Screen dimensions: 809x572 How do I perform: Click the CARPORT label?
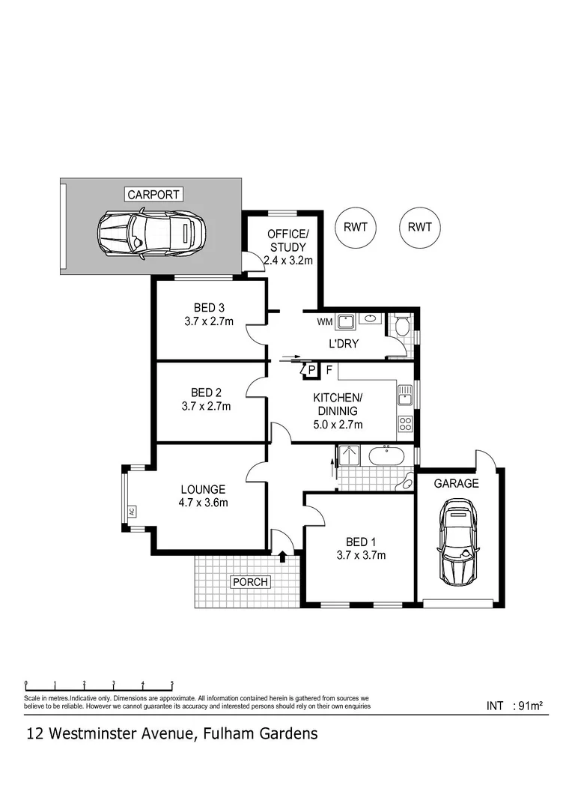(x=153, y=195)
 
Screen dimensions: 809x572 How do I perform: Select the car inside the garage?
(x=457, y=544)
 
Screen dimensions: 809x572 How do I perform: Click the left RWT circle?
(x=356, y=227)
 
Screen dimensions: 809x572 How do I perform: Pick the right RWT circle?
(x=420, y=227)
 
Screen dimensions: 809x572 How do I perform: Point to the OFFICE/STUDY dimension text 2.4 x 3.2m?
(x=288, y=261)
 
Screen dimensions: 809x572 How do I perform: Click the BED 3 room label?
(x=209, y=307)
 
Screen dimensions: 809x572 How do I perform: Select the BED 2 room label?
(x=206, y=392)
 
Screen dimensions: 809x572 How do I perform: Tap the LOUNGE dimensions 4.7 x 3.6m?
(x=204, y=503)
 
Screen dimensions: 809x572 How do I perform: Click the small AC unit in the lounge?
(x=131, y=511)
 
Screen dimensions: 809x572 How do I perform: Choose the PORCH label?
(x=250, y=581)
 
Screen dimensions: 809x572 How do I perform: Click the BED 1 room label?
(x=357, y=542)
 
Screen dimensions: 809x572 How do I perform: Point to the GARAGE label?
(x=457, y=483)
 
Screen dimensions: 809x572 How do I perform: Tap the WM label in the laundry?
(x=325, y=322)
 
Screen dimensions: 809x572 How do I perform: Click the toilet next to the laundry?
(x=403, y=326)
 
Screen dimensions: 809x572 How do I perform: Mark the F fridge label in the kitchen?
(x=329, y=369)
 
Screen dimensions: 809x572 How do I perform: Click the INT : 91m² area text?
(x=514, y=705)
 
